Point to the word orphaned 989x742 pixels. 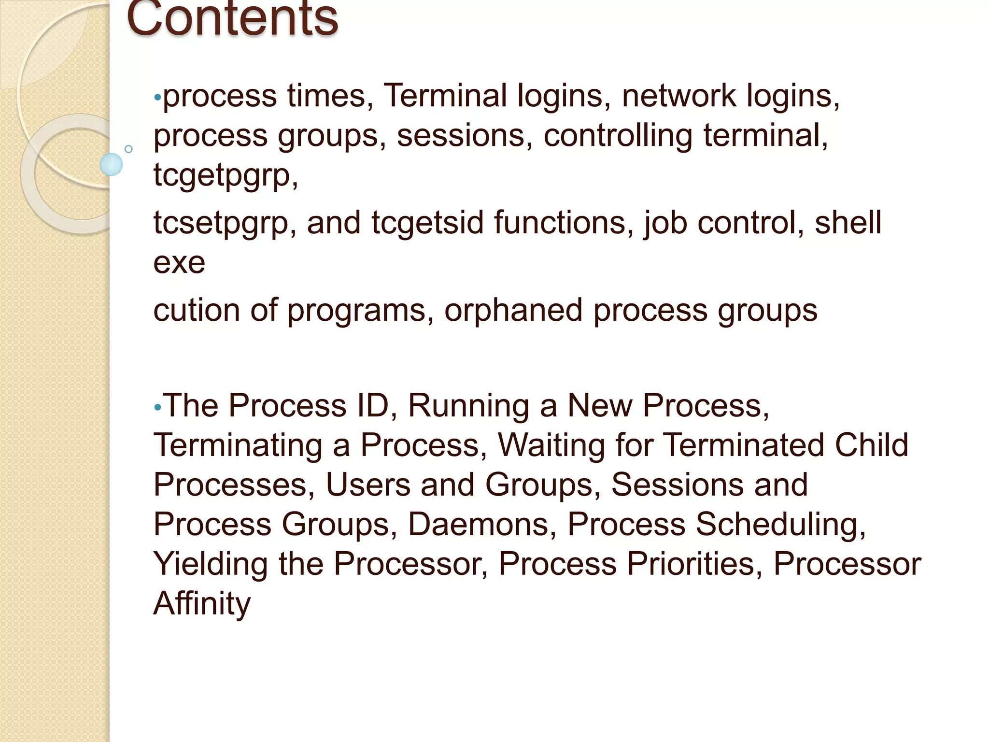[513, 310]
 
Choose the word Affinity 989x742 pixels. [202, 603]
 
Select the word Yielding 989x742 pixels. [211, 564]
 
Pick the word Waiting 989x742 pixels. [551, 445]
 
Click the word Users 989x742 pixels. [367, 485]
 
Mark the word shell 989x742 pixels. [848, 223]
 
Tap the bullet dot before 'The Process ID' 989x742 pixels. [157, 408]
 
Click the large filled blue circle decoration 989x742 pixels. [111, 164]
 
